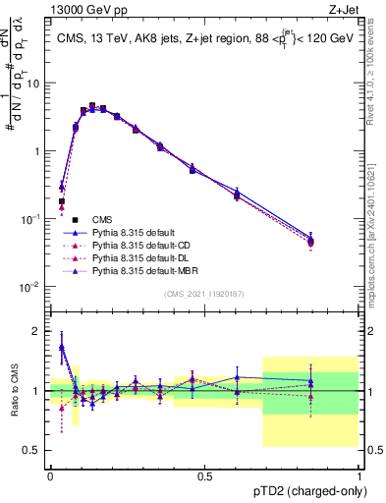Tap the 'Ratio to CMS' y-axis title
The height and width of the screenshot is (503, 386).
pyautogui.click(x=15, y=393)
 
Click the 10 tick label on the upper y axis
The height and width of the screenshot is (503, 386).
pyautogui.click(x=34, y=84)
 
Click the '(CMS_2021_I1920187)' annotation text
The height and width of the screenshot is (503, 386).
pyautogui.click(x=204, y=294)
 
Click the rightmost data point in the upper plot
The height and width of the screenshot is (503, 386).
pyautogui.click(x=311, y=241)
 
